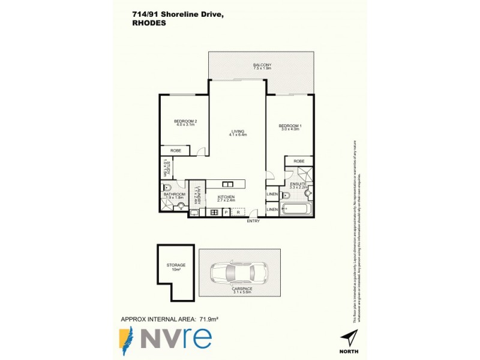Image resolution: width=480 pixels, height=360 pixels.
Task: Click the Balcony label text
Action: (x=262, y=65)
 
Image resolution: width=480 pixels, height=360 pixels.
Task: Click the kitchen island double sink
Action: (x=228, y=184)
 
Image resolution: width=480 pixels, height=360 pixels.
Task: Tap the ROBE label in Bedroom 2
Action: (x=176, y=151)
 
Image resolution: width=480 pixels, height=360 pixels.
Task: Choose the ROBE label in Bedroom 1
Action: (x=299, y=161)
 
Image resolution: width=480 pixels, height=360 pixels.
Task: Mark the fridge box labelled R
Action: (x=238, y=212)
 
